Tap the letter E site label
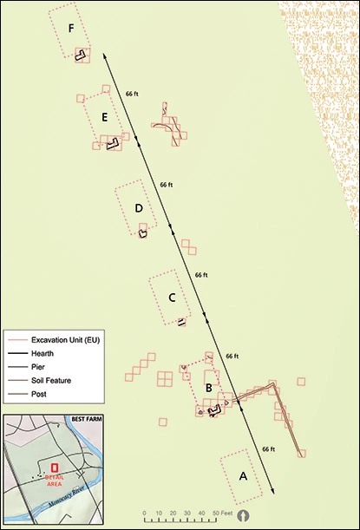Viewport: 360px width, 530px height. pos(103,117)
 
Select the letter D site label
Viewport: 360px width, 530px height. pos(138,208)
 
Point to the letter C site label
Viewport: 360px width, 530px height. pos(172,298)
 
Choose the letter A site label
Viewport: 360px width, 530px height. pos(243,476)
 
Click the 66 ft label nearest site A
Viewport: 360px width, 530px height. pos(267,449)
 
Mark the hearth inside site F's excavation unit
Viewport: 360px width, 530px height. pos(81,55)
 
